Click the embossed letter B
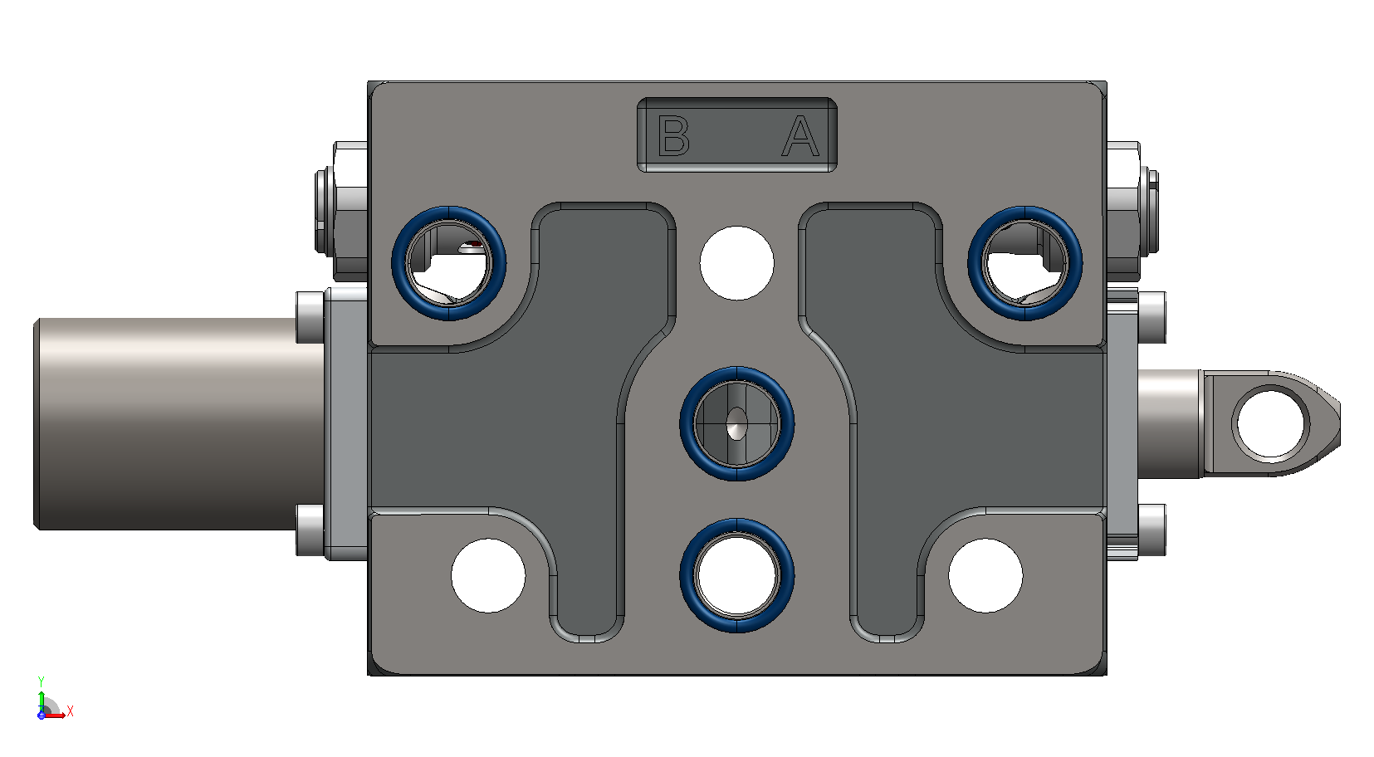673,135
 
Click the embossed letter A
800,136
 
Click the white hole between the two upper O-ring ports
736,263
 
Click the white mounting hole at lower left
488,575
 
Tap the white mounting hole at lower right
985,575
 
